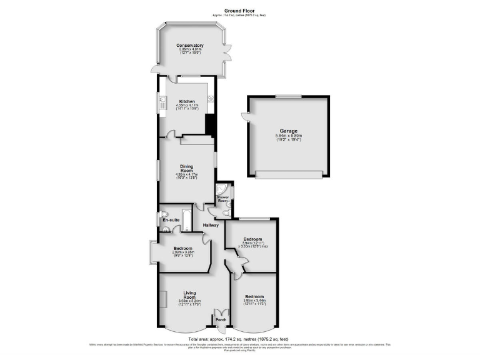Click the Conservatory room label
[190, 46]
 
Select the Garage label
[289, 131]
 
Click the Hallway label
[210, 225]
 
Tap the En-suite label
[170, 221]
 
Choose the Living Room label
[190, 295]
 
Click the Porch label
[221, 320]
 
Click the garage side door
[244, 116]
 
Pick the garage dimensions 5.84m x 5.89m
[289, 137]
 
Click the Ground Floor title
[239, 11]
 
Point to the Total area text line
[239, 338]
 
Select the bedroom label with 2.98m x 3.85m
[184, 252]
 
